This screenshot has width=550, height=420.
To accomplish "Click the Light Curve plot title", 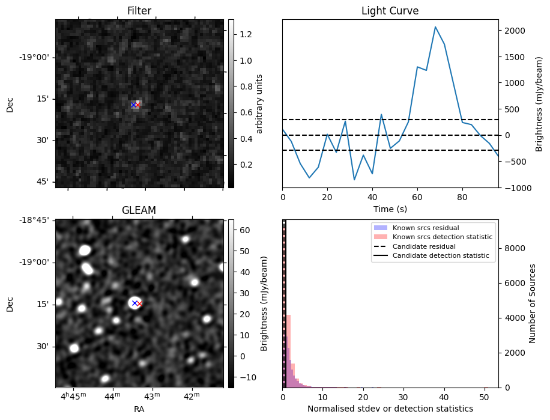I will point(390,11).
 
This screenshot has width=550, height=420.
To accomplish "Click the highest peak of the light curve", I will point(435,27).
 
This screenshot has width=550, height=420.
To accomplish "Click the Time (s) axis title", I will point(390,208).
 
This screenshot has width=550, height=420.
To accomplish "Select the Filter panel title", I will point(139,11).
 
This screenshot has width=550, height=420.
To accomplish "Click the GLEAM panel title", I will point(139,210).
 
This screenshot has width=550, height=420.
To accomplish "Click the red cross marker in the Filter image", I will point(137,105).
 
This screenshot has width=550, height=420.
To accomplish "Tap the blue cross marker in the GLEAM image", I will point(134,303).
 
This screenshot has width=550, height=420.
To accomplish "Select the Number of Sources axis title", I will point(533,303).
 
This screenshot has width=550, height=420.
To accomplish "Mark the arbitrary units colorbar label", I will point(259,103).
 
